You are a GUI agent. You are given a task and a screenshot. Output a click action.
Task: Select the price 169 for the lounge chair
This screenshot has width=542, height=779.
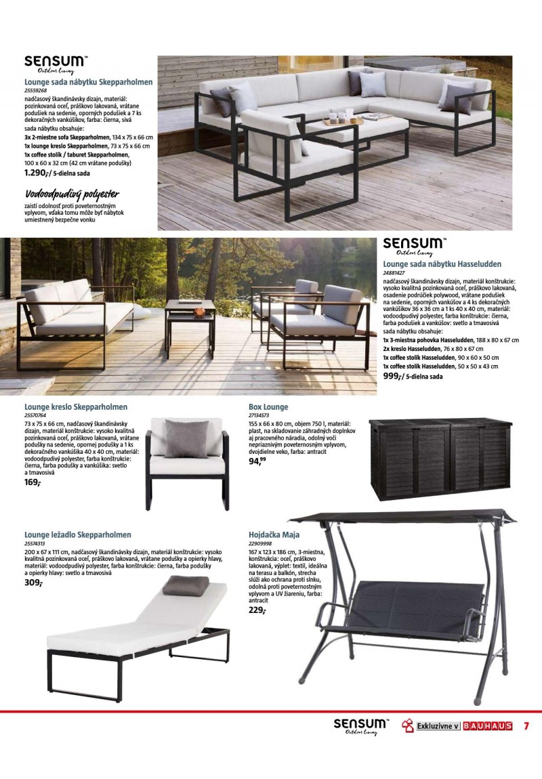point(32,482)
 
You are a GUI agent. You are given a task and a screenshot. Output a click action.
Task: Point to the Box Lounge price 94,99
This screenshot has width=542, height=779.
point(257,461)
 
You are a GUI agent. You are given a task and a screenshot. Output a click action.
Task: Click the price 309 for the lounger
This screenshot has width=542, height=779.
point(33,582)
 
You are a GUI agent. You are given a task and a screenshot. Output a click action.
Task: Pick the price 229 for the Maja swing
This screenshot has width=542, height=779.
point(257,610)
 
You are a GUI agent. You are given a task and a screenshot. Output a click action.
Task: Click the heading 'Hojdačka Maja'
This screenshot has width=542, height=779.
point(274,534)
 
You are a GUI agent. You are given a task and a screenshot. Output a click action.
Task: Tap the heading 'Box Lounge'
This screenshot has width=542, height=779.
point(268,407)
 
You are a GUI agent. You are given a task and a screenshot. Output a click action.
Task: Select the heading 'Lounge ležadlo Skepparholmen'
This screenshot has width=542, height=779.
point(78,534)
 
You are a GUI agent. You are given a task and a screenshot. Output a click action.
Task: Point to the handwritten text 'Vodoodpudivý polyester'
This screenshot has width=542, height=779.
point(72,194)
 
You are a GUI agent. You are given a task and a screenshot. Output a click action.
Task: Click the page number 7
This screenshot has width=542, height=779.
point(526,726)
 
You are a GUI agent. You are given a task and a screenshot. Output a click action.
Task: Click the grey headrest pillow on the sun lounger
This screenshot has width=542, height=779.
point(186,585)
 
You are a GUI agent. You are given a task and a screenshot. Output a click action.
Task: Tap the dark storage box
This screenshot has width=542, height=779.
point(440,455)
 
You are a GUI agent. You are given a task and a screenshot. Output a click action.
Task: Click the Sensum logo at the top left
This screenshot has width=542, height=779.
point(56,62)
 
